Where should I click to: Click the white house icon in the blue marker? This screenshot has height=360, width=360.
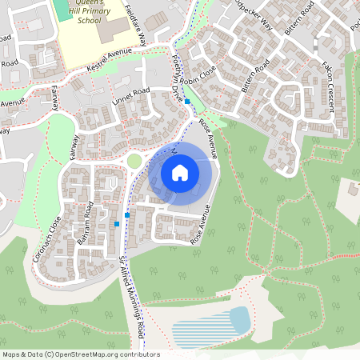[180, 172]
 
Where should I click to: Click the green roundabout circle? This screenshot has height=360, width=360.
[134, 162]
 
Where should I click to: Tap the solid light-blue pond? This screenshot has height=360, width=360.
[239, 318]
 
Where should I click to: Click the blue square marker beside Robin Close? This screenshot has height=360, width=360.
[187, 102]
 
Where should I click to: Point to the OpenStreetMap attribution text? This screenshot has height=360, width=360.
[81, 354]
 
